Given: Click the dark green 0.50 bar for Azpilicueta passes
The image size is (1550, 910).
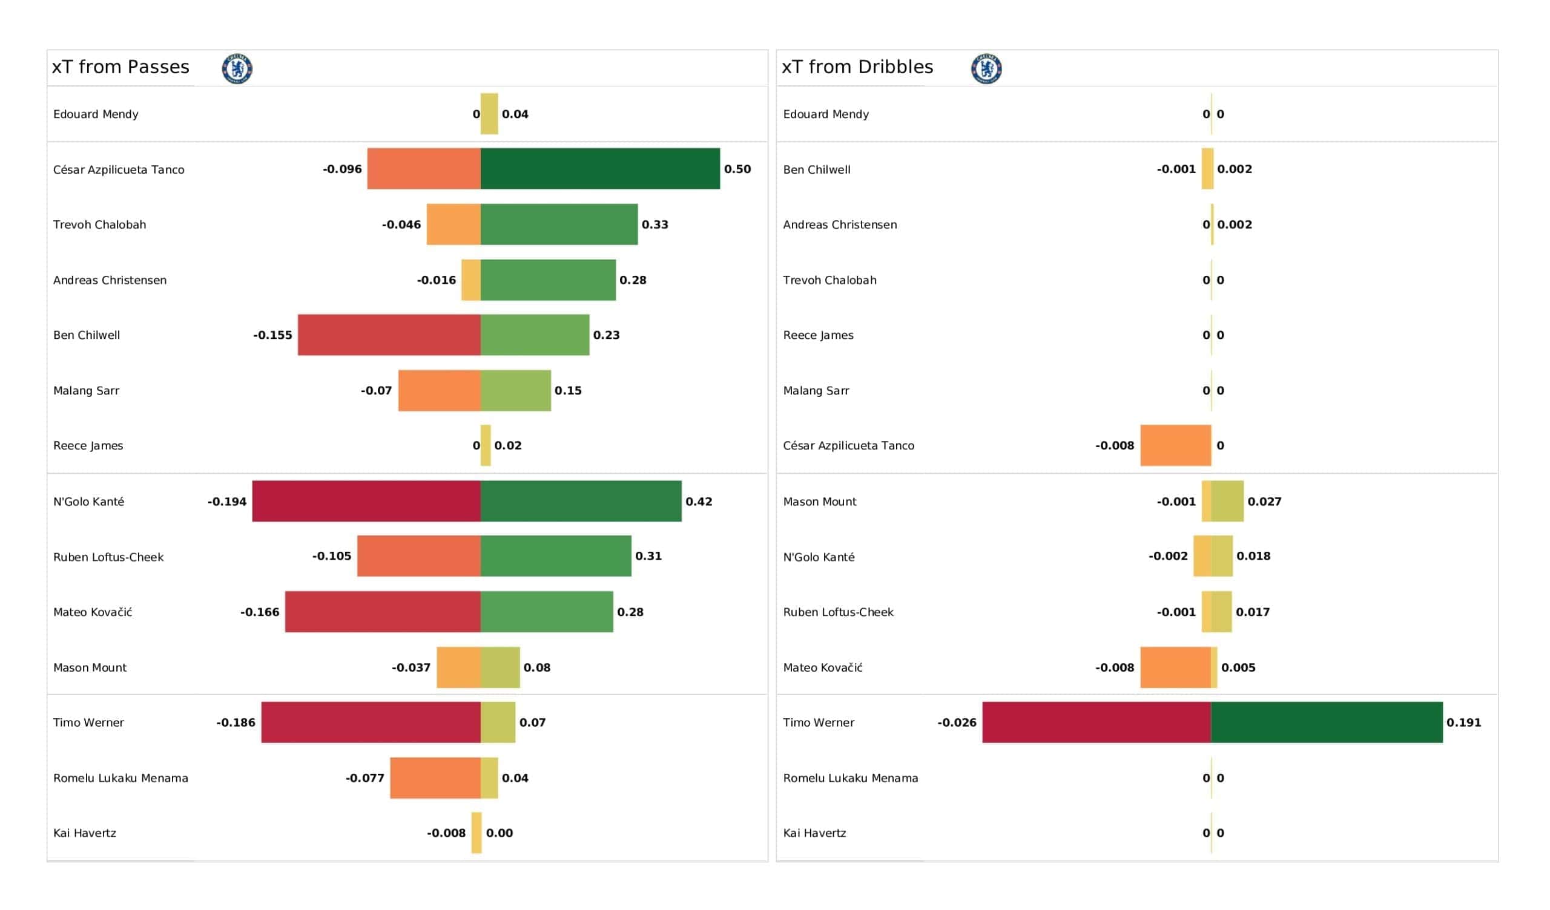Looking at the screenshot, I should pyautogui.click(x=599, y=168).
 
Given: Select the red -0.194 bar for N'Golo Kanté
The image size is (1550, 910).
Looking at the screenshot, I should pyautogui.click(x=366, y=501).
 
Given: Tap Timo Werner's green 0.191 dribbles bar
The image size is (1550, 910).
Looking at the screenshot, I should pyautogui.click(x=1326, y=722).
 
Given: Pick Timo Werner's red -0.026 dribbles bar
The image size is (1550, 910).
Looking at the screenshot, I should pyautogui.click(x=1096, y=722).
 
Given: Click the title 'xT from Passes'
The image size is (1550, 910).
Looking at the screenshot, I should pyautogui.click(x=120, y=67).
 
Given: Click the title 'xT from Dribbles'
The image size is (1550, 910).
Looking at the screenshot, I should pyautogui.click(x=857, y=67).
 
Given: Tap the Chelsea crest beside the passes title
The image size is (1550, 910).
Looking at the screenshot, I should pyautogui.click(x=237, y=68).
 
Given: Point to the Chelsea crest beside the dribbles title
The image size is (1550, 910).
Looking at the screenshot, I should pyautogui.click(x=986, y=68).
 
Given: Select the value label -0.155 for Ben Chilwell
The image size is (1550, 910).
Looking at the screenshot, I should pyautogui.click(x=272, y=335).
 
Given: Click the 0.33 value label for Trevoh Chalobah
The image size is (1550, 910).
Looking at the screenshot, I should pyautogui.click(x=655, y=224).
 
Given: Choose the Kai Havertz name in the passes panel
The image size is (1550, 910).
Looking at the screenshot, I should pyautogui.click(x=85, y=833).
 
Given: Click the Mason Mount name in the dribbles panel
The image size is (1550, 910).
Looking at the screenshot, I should pyautogui.click(x=819, y=502).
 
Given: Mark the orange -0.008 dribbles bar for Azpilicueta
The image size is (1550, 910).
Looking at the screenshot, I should pyautogui.click(x=1175, y=445).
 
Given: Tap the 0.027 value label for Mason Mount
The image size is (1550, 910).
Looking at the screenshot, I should pyautogui.click(x=1264, y=502).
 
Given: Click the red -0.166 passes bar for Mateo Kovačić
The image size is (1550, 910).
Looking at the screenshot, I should pyautogui.click(x=383, y=612).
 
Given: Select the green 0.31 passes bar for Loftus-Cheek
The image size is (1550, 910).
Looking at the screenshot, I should pyautogui.click(x=555, y=556).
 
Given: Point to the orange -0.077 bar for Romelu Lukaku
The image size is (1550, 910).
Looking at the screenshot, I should pyautogui.click(x=435, y=778).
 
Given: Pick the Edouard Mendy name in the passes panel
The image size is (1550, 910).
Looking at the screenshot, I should pyautogui.click(x=96, y=114).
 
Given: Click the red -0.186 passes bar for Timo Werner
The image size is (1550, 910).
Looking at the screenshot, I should pyautogui.click(x=371, y=722).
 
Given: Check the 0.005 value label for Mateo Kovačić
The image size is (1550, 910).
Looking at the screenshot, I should pyautogui.click(x=1238, y=668).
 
